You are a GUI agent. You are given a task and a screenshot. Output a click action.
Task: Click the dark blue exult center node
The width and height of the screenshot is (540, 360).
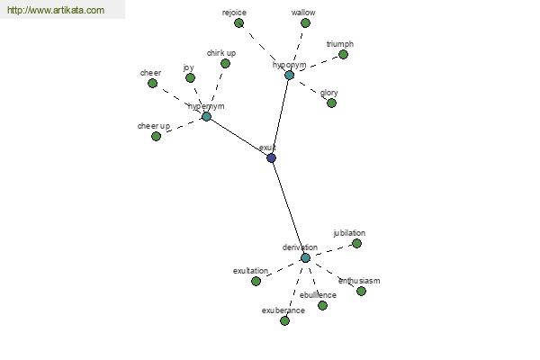(x=272, y=158)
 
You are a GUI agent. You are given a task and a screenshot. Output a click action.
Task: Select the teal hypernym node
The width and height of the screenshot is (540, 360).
(x=206, y=116)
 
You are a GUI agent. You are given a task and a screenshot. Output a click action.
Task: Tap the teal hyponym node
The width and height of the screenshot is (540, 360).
(x=289, y=75)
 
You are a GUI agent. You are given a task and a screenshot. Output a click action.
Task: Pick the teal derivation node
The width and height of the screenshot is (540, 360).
(x=305, y=257)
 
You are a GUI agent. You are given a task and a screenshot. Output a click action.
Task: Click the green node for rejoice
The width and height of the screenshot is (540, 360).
(x=238, y=23)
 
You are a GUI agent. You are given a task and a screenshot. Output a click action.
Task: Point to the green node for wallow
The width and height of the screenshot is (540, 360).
(x=305, y=23)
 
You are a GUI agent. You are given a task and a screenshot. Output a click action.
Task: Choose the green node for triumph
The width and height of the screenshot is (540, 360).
(x=343, y=54)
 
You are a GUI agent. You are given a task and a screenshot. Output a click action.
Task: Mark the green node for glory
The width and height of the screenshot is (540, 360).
(x=331, y=103)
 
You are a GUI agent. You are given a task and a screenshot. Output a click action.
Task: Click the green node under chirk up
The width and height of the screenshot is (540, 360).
(x=225, y=63)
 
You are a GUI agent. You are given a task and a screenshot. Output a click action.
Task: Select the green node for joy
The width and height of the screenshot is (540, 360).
(x=190, y=78)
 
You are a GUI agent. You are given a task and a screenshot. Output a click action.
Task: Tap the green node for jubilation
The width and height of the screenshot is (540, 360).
(x=356, y=244)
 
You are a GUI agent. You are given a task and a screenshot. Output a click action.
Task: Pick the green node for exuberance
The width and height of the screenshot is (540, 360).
(x=284, y=321)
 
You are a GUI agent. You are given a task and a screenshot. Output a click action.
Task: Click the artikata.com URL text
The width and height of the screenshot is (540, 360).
(x=56, y=10)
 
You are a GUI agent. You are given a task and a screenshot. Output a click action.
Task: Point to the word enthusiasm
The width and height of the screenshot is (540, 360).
(x=359, y=281)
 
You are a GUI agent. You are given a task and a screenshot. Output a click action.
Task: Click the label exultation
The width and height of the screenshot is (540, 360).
(x=250, y=271)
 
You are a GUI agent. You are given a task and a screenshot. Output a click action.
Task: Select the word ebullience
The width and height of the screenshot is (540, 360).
(x=318, y=295)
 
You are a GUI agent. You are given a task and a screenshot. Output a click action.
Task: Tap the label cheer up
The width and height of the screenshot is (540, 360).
(x=154, y=126)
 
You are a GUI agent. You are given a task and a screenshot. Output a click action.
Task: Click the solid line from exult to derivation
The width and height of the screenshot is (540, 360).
(x=288, y=208)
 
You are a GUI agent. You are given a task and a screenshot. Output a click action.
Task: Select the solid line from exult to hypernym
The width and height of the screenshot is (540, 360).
(x=238, y=137)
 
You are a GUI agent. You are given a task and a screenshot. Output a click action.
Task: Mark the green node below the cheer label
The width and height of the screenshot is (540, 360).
(x=152, y=83)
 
